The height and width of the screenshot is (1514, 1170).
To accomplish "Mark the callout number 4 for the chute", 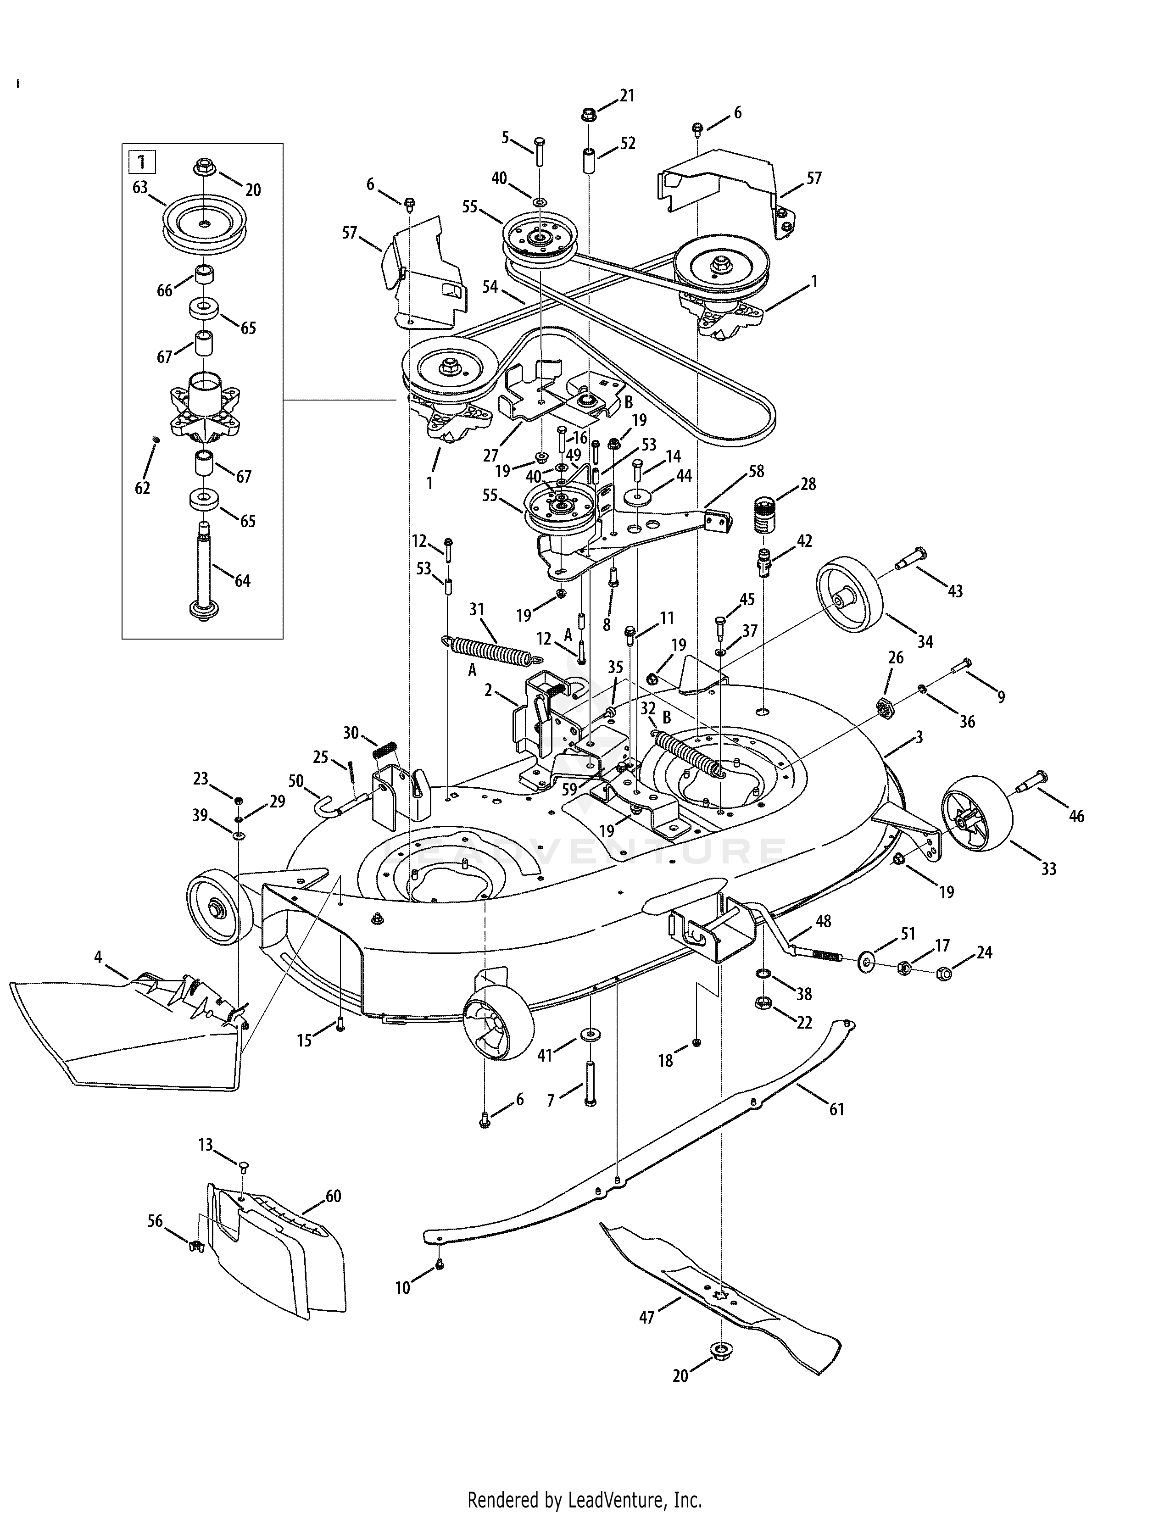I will pyautogui.click(x=98, y=957).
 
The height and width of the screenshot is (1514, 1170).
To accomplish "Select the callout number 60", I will pyautogui.click(x=334, y=1196).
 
